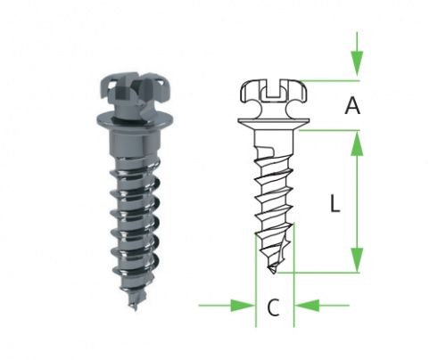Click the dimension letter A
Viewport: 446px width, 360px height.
tap(352, 106)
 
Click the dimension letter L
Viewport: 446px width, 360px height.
tap(335, 203)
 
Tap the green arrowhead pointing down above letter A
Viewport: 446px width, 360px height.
tap(357, 63)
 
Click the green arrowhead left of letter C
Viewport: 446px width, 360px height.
tap(243, 306)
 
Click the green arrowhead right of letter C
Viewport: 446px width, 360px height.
tap(307, 306)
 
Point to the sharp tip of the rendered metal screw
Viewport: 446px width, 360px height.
tap(135, 309)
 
